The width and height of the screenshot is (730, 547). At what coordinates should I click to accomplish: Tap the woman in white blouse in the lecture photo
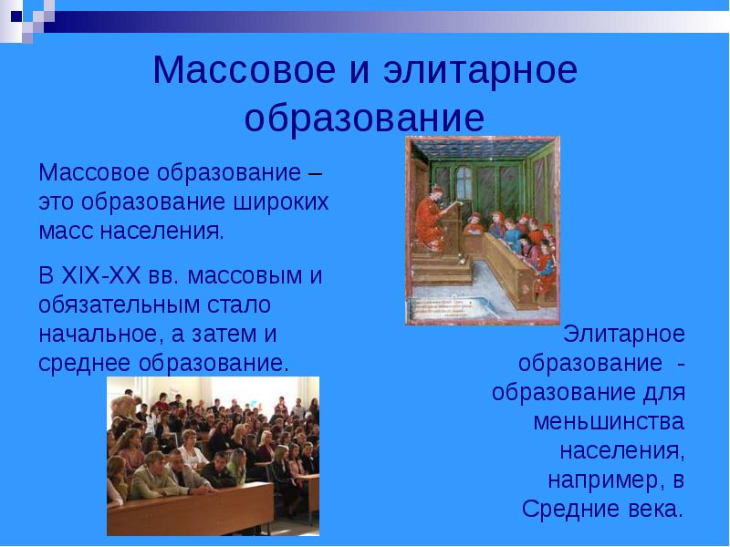[193, 451]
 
